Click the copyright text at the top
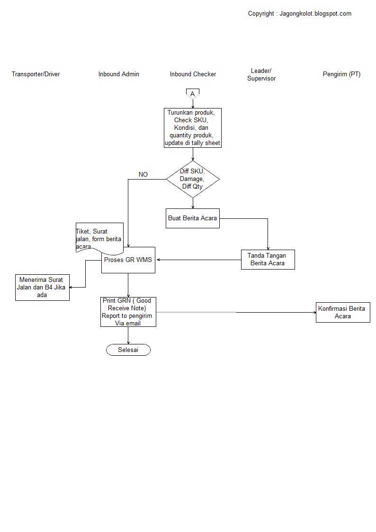(299, 14)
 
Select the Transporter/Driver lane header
(36, 74)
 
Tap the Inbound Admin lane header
(118, 74)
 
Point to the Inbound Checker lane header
(193, 74)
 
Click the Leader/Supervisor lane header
(261, 75)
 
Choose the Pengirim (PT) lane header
(341, 74)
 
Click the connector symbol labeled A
(192, 94)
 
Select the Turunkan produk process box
(192, 128)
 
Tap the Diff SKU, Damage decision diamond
(193, 179)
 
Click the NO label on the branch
(143, 175)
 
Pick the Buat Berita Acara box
(193, 218)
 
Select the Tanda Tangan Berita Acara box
(268, 260)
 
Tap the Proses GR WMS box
(128, 261)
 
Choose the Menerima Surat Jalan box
(42, 287)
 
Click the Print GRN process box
(128, 312)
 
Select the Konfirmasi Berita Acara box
(342, 312)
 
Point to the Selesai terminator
(128, 350)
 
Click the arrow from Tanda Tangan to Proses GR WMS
(199, 260)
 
